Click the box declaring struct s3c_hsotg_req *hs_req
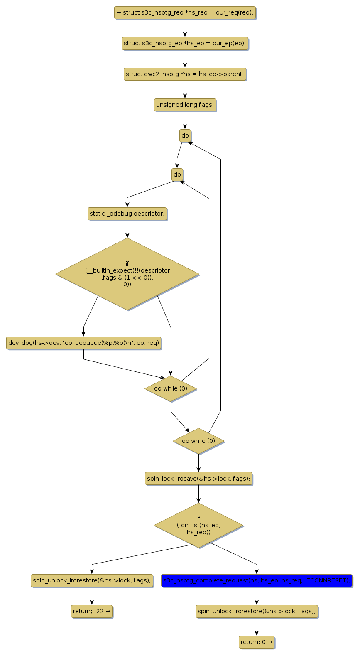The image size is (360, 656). coord(185,12)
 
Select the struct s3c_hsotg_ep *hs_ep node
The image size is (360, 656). coord(185,43)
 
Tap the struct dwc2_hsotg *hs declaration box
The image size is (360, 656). coord(185,74)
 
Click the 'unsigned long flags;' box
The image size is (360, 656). coord(185,105)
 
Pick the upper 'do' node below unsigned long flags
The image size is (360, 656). coord(185,135)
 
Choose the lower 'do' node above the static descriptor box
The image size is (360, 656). coord(177,174)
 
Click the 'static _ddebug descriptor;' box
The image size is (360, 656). coord(127,214)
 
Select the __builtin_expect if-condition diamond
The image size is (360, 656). coord(127,274)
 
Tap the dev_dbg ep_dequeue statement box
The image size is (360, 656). coord(83,343)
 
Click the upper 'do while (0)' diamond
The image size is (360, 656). coord(171,388)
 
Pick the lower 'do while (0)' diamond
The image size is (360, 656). coord(198,441)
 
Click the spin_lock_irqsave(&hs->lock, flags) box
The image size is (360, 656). coord(198,479)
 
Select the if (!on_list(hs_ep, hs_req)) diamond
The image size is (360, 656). coord(198,525)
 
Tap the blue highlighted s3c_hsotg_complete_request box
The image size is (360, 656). coord(257,580)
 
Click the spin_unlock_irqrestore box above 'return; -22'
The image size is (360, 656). coord(92,580)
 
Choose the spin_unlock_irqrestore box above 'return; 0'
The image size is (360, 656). coord(257,611)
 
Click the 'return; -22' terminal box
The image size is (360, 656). coord(92,611)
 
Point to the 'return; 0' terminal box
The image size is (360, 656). coord(257,642)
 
